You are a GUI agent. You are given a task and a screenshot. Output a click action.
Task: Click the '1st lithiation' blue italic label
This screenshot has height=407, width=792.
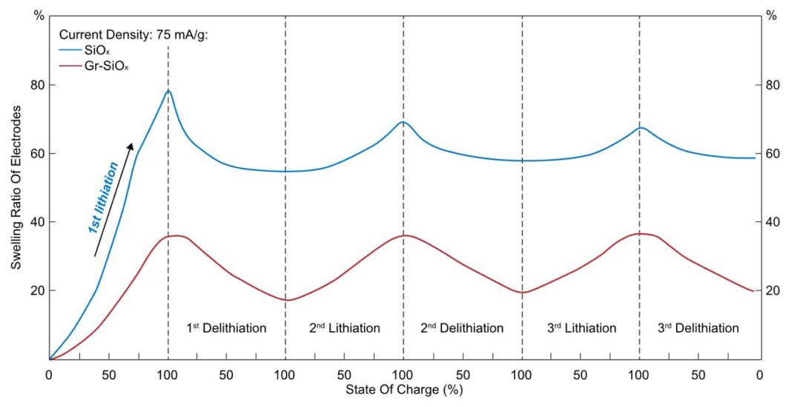[103, 198]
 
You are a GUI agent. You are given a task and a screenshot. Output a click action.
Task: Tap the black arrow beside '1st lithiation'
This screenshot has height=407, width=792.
[114, 199]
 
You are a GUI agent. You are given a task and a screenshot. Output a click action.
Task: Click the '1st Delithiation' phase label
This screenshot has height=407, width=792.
[226, 328]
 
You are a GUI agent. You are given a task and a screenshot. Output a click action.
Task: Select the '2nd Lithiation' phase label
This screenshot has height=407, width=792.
[344, 328]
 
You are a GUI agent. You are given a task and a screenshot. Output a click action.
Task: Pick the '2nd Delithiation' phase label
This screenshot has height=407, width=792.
[462, 328]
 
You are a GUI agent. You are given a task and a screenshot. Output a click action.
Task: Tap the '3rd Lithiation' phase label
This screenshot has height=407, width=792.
[581, 328]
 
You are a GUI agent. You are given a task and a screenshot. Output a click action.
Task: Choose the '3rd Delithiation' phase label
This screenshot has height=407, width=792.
[699, 328]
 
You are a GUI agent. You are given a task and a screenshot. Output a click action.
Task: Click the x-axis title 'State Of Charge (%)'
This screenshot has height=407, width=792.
[404, 388]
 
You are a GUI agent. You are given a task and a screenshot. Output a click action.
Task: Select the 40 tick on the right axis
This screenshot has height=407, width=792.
[771, 222]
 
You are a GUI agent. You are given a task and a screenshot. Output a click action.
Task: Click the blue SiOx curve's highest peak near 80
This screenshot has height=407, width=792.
[168, 91]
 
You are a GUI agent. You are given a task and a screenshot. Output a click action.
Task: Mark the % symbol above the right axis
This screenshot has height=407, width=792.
[771, 16]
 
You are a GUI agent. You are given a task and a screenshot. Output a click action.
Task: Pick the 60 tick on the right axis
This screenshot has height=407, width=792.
[771, 154]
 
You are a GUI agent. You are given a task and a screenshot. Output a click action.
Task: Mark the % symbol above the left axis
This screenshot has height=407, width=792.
[39, 16]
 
